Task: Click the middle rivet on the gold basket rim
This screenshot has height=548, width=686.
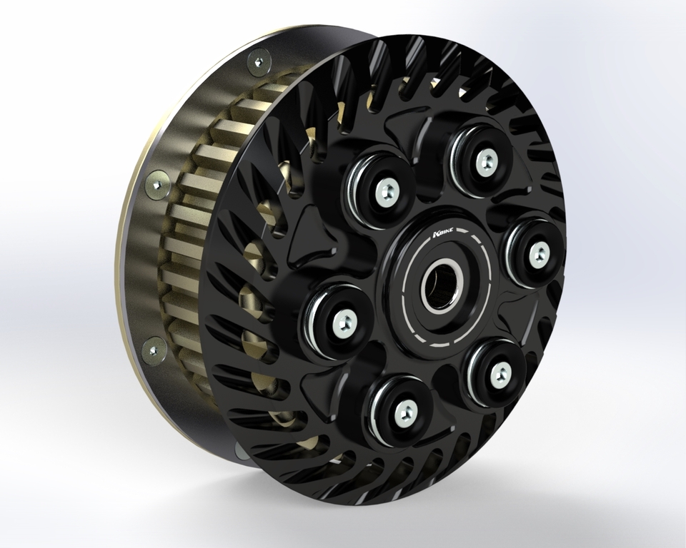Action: [156, 185]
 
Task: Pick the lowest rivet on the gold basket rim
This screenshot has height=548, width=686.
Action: [153, 350]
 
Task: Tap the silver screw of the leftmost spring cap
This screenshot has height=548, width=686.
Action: [343, 323]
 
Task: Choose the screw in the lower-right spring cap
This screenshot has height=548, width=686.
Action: [500, 370]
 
